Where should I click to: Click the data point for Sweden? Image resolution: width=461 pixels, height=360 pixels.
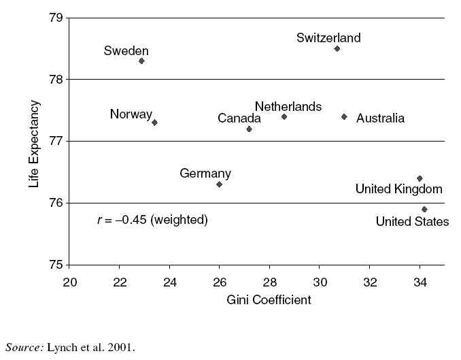pos(141,61)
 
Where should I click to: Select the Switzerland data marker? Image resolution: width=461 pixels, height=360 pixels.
pos(337,48)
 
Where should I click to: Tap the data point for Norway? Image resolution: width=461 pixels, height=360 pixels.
pos(154,122)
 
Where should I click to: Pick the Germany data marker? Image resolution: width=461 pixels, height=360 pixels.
pos(219,184)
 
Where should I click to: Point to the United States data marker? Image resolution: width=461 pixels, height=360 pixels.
pos(424,209)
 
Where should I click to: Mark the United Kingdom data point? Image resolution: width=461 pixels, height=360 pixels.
pos(420,178)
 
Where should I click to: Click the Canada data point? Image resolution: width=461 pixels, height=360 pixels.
pos(249,129)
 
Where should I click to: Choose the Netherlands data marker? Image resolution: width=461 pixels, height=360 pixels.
pos(284,116)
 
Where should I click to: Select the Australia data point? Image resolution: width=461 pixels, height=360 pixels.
pos(344,116)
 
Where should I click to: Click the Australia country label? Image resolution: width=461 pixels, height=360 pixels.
pos(380,118)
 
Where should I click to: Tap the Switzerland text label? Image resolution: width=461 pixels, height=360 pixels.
pos(328,38)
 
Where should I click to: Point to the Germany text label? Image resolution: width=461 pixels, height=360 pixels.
pos(205,174)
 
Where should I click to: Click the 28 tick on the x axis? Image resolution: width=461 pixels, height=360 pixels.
pos(269,282)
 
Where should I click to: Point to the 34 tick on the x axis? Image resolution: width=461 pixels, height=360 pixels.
pos(420,282)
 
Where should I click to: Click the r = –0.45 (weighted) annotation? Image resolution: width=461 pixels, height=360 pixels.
pos(152,220)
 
